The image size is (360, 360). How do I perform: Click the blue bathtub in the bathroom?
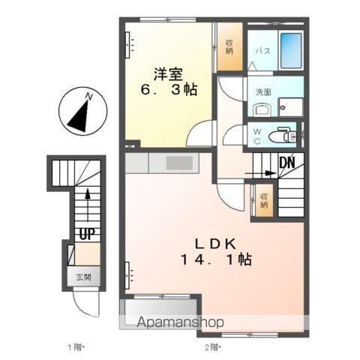click(291, 51)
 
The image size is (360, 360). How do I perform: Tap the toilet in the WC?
click(283, 136)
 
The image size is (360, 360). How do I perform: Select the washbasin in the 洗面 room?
click(262, 109)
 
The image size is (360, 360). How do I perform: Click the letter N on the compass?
click(88, 96)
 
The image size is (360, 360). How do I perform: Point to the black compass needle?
click(79, 116)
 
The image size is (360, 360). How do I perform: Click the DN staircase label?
click(287, 163)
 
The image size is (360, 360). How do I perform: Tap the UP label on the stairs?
click(87, 234)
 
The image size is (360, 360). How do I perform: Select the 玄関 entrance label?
click(83, 277)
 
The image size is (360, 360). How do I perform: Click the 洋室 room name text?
click(168, 74)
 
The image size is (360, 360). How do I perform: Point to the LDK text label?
click(215, 244)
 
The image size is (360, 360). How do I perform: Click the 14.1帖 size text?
click(216, 259)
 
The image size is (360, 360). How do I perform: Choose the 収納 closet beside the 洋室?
click(229, 46)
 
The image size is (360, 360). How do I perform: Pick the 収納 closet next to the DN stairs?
click(264, 200)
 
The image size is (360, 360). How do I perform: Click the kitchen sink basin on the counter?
click(179, 163)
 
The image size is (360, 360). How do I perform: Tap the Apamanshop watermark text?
click(180, 322)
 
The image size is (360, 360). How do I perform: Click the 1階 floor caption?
click(76, 347)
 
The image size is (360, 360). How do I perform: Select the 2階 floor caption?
click(212, 347)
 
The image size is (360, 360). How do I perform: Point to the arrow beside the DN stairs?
click(260, 173)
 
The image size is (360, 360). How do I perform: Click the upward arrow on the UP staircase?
click(88, 205)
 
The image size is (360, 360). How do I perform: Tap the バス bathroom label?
click(262, 51)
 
